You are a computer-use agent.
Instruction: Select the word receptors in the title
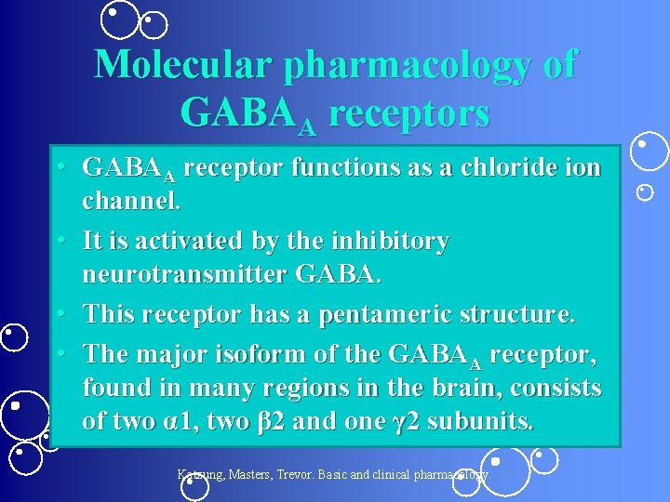click(x=409, y=113)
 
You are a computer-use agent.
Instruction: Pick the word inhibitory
click(x=383, y=241)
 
